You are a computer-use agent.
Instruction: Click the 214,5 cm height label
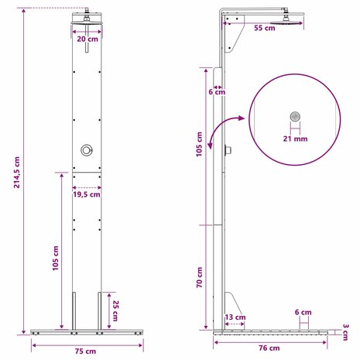(17, 172)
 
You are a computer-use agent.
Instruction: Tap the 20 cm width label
(87, 39)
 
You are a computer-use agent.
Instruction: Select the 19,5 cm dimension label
(87, 194)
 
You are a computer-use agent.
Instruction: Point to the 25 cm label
(115, 310)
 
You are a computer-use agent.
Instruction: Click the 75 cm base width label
(85, 351)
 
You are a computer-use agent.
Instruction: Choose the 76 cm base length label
(269, 348)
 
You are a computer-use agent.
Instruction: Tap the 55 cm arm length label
(265, 28)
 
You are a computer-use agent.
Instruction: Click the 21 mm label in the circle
(295, 139)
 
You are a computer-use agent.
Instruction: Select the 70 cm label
(200, 277)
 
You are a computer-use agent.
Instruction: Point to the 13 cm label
(235, 317)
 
